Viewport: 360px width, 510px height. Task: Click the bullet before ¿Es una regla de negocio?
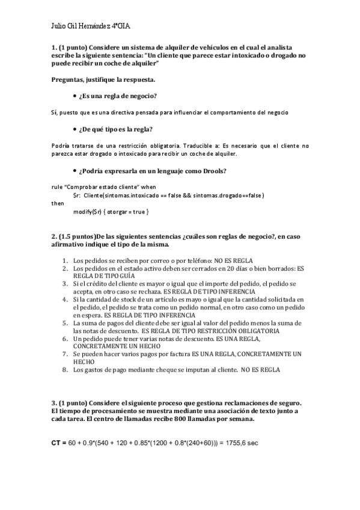(x=74, y=96)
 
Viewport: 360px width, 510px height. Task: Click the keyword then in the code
(x=57, y=203)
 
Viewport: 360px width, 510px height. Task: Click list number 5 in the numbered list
(x=66, y=322)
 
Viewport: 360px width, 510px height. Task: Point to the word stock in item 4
(x=133, y=299)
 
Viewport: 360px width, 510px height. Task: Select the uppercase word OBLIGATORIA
(x=257, y=330)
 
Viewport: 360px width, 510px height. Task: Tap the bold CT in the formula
(x=56, y=443)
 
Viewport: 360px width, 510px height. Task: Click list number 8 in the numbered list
(x=66, y=370)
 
